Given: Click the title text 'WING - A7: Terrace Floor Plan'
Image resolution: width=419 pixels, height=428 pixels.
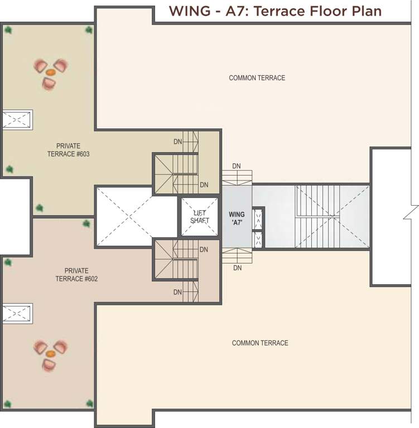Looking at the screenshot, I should click(275, 11).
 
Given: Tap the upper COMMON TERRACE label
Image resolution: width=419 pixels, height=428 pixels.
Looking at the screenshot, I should click(257, 78).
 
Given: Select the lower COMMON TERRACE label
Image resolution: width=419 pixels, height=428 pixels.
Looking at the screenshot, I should click(260, 343).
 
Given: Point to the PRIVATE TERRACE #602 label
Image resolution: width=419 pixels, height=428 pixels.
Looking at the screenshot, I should click(76, 274).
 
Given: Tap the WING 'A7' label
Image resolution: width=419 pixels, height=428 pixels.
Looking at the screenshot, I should click(237, 218).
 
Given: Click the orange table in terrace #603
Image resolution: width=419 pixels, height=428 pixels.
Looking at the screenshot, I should click(50, 72).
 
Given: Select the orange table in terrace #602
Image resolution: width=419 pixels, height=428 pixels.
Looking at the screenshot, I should click(50, 354).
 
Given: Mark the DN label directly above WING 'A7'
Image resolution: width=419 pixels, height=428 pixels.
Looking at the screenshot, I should click(237, 166).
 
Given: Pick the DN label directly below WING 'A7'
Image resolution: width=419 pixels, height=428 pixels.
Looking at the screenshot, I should click(238, 268).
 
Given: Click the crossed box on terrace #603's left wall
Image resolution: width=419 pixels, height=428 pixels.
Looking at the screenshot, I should click(17, 119).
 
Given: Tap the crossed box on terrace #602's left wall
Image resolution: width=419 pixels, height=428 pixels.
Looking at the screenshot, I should click(17, 313).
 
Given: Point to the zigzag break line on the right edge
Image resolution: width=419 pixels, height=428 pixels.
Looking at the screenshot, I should click(413, 212).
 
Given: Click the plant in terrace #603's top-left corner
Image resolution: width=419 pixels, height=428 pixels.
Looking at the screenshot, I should click(8, 30).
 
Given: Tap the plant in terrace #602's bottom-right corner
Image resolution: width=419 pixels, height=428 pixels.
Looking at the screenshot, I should click(89, 403).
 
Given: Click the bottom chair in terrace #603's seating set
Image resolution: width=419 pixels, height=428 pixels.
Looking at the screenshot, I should click(49, 84).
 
